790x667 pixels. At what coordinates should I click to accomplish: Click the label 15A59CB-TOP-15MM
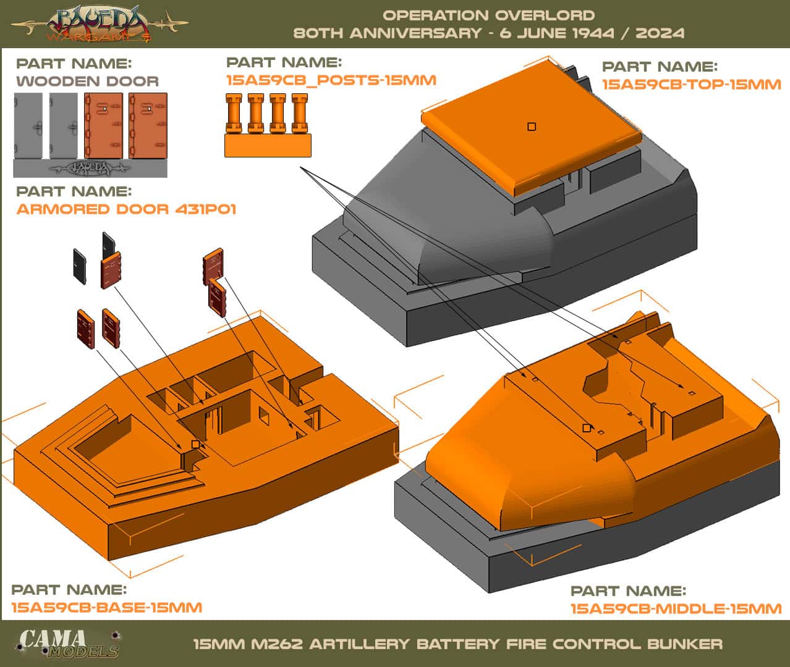coord(691,84)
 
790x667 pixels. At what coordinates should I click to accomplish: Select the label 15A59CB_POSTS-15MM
coord(331,80)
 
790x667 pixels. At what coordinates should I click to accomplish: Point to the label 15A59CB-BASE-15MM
coord(107,608)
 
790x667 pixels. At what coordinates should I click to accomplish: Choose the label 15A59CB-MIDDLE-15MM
coord(676,609)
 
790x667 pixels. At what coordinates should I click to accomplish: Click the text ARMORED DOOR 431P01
coord(126,209)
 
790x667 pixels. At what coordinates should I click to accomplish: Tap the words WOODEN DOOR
coord(87,81)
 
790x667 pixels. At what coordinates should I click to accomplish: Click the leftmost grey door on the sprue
coord(28,126)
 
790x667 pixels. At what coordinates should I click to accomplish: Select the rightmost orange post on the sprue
coord(299,114)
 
